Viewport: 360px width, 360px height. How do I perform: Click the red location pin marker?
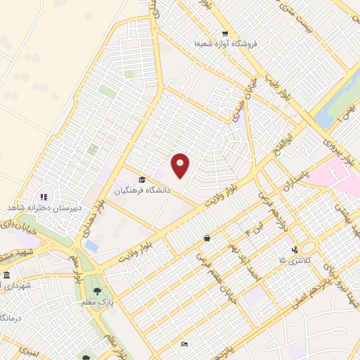[181, 165]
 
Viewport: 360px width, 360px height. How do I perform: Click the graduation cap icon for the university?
[143, 179]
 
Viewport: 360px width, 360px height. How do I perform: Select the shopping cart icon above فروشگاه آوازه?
[224, 34]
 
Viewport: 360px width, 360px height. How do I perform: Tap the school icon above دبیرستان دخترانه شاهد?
[44, 197]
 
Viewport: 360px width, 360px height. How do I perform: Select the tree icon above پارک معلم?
[97, 290]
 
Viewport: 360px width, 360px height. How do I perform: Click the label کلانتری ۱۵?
[296, 261]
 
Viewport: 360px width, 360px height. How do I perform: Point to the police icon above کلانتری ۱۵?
[295, 249]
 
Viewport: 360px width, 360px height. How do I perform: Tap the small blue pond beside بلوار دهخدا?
[91, 246]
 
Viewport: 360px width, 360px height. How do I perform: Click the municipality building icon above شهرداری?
[6, 274]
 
